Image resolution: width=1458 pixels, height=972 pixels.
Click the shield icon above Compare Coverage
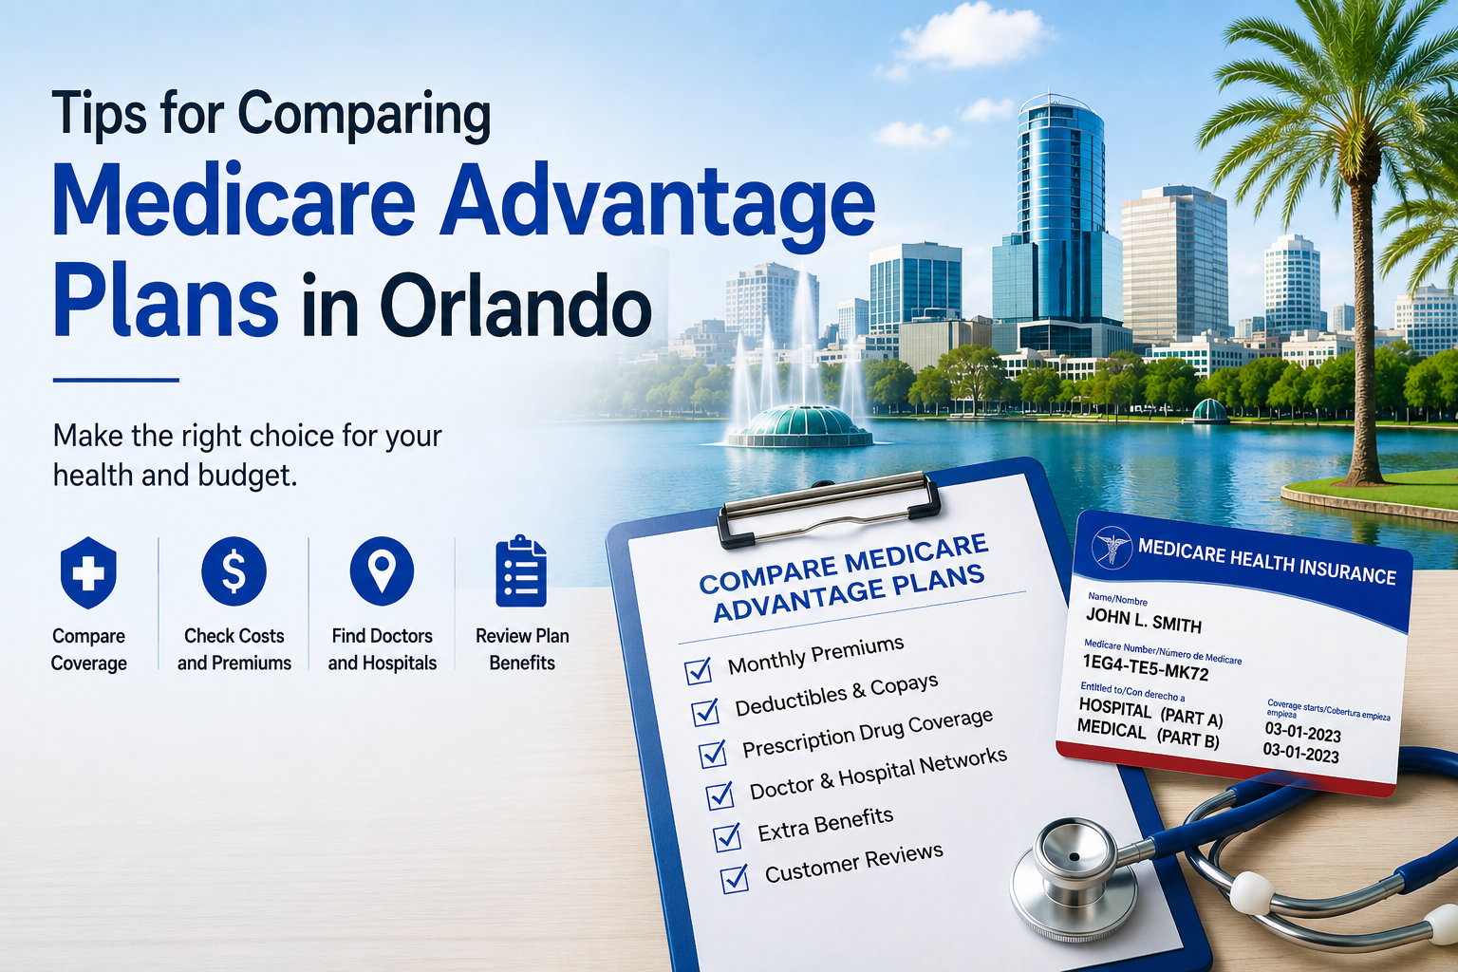click(88, 572)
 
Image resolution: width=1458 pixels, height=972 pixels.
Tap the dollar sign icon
click(234, 571)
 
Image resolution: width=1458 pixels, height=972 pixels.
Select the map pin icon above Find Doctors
click(383, 571)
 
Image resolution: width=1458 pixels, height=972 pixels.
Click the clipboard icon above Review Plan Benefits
click(521, 571)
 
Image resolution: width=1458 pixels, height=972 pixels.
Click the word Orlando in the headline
click(477, 306)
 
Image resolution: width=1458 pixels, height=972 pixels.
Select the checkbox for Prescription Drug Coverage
click(714, 754)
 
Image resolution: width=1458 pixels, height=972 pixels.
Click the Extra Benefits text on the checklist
click(825, 825)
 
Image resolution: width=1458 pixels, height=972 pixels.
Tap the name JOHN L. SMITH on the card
click(1144, 620)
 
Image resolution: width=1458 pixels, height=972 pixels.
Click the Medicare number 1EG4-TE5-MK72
click(1146, 667)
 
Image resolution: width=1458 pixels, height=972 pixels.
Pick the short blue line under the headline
click(116, 380)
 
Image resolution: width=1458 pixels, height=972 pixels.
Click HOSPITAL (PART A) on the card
click(1150, 712)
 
